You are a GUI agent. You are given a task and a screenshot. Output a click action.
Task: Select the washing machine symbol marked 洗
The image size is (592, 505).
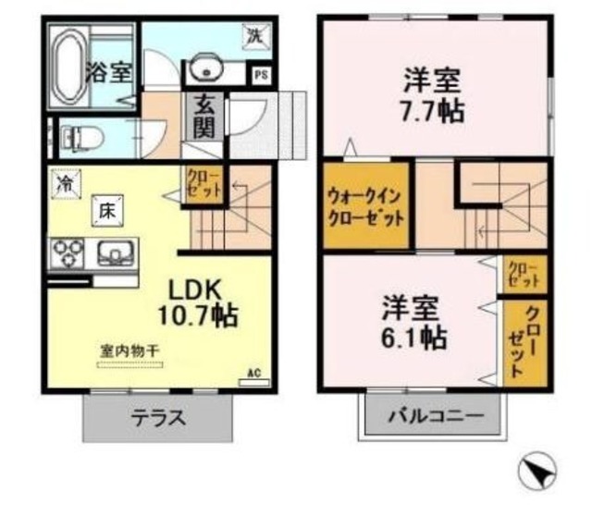(x=253, y=36)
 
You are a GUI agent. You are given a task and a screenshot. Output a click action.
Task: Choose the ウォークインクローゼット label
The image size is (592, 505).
(x=364, y=209)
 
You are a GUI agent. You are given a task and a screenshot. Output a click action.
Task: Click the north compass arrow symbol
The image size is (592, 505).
(x=536, y=474)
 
